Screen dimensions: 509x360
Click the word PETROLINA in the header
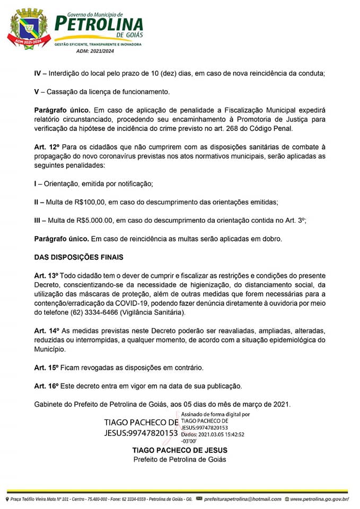(x=99, y=23)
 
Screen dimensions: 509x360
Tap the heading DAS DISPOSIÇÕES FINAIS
(x=78, y=257)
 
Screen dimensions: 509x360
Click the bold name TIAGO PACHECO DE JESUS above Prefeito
(x=179, y=450)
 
